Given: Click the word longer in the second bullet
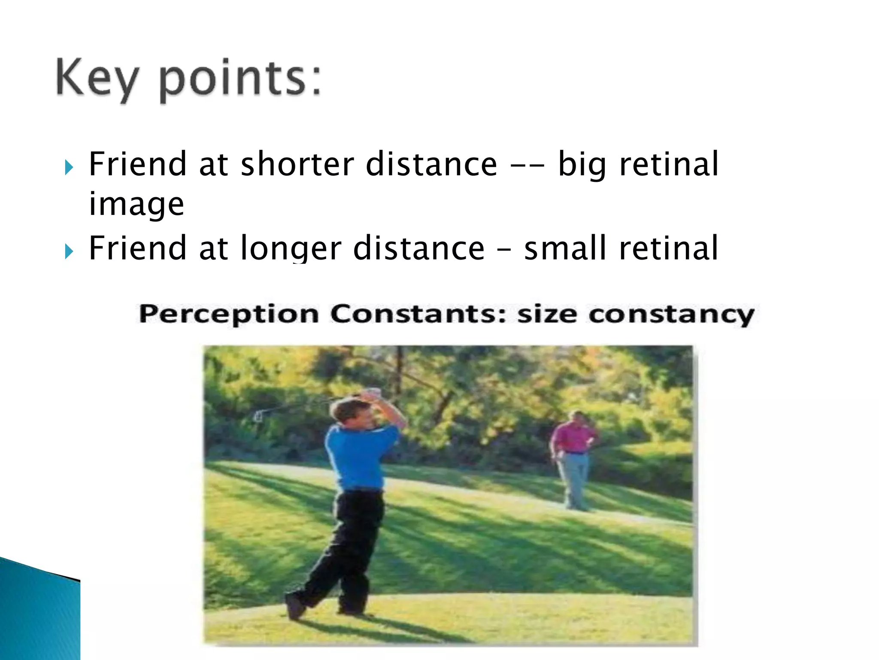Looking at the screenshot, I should coord(291,248).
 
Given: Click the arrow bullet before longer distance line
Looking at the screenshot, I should coord(69,251).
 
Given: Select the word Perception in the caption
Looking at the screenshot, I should coord(229,314).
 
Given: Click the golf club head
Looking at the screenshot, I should coord(258,415).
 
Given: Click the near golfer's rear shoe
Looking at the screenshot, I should coord(296,605).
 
